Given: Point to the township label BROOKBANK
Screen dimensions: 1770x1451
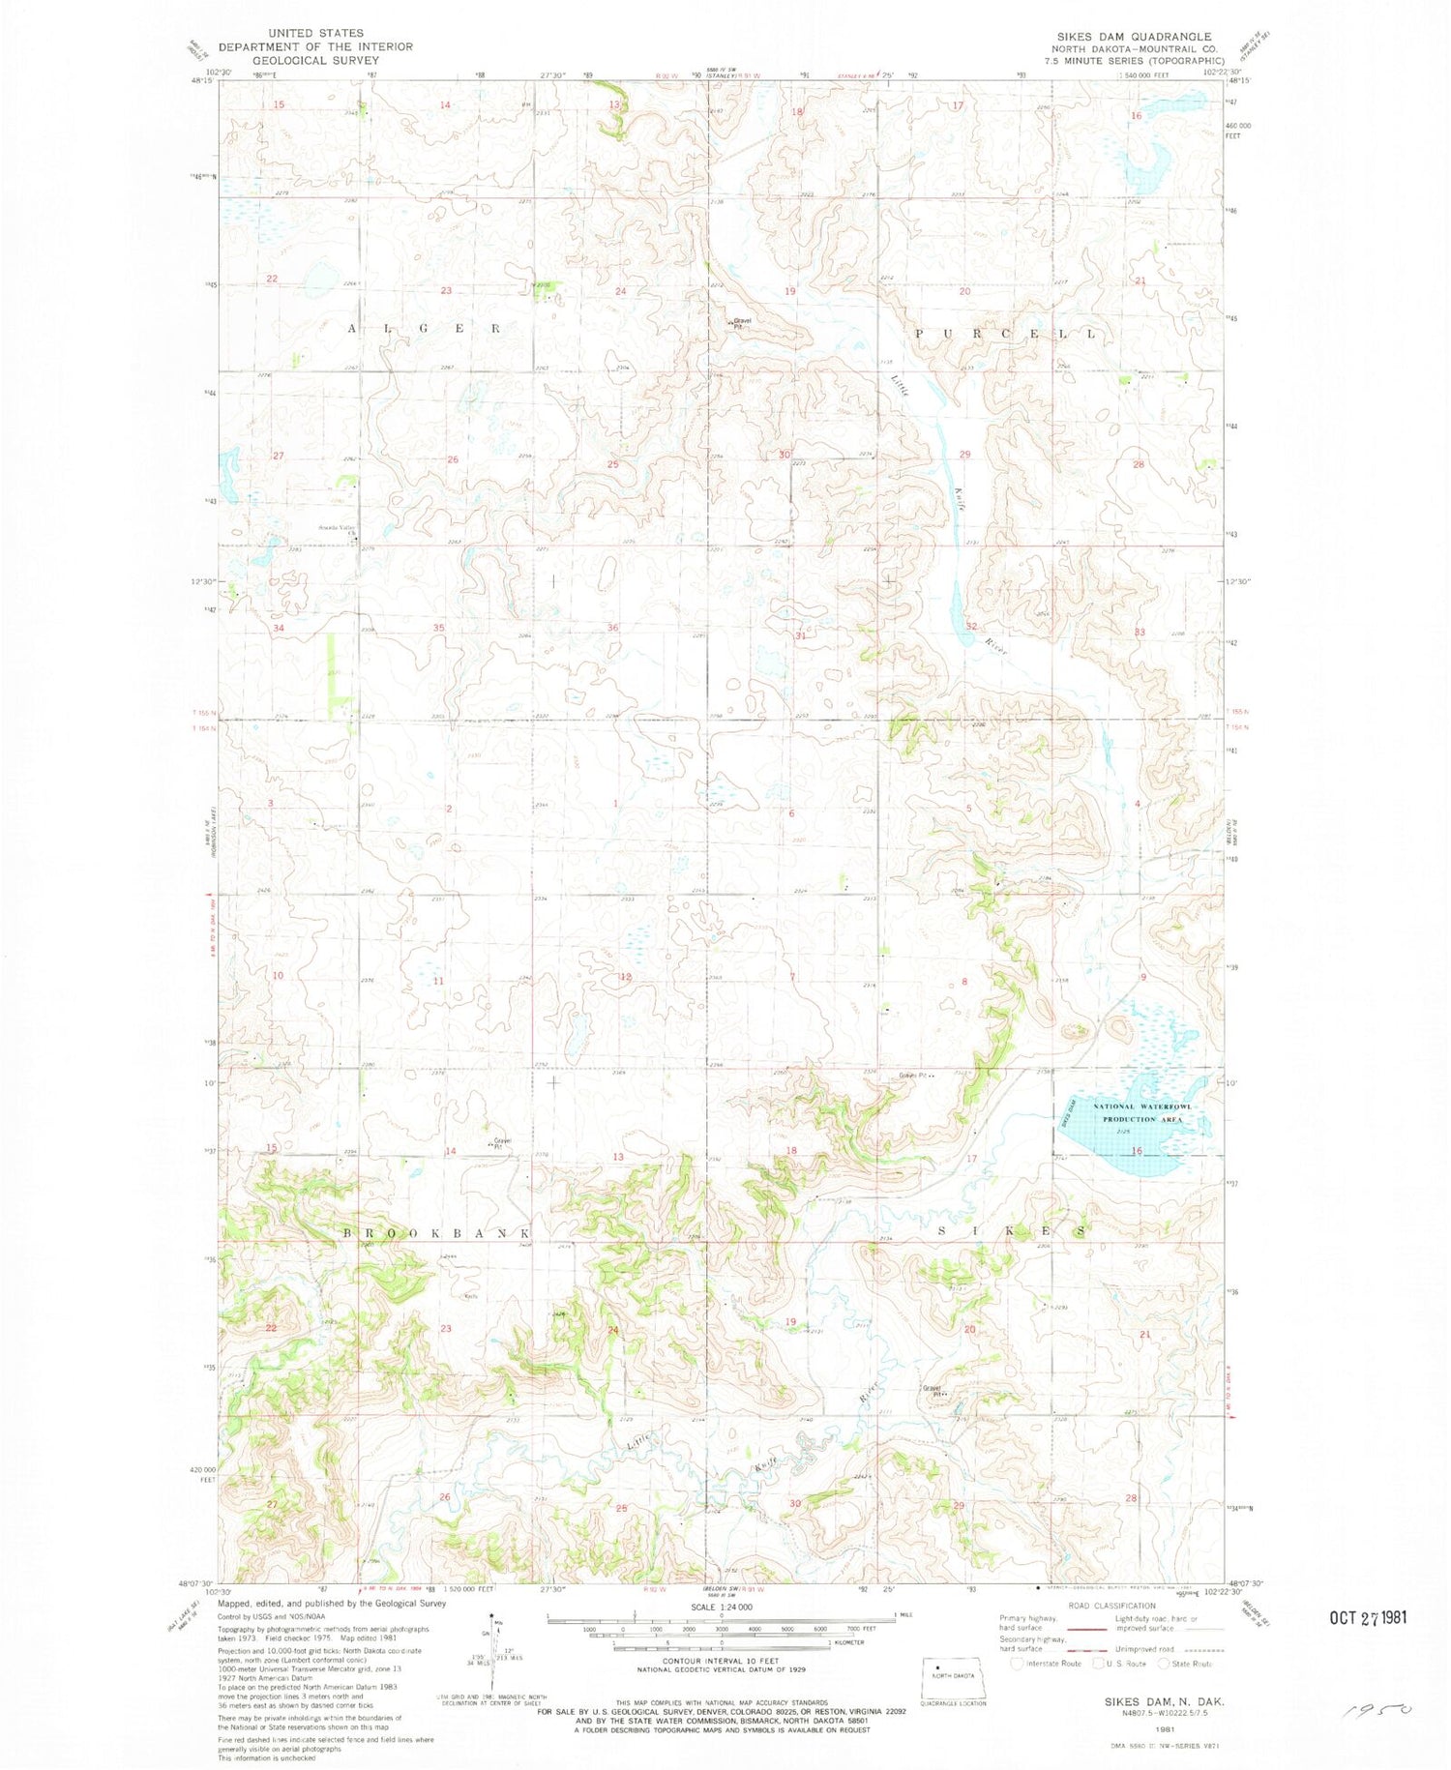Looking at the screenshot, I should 438,1234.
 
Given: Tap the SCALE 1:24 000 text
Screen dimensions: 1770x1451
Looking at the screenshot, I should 722,1607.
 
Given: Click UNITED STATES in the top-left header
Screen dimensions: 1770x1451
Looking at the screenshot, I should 315,33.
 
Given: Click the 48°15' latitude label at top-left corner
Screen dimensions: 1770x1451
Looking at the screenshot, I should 202,81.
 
